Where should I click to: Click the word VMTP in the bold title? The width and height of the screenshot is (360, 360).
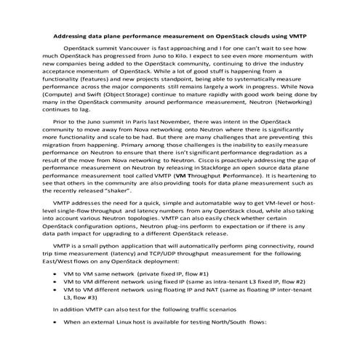296,34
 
